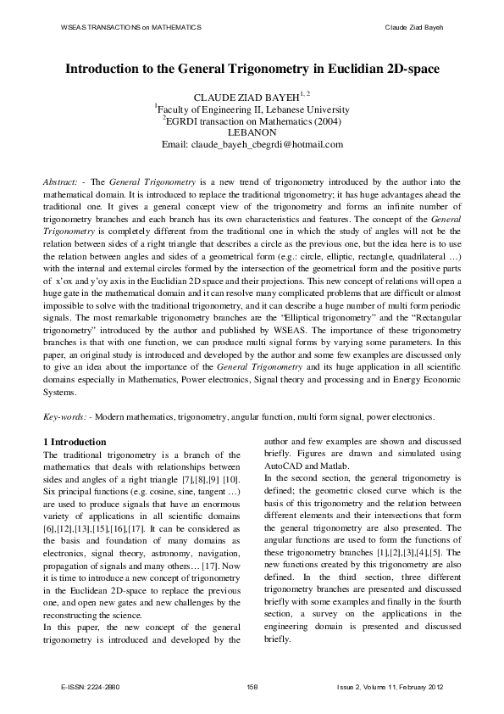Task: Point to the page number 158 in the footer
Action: [252, 686]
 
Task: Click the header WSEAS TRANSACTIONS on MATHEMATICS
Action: [130, 28]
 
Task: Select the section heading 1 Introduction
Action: [75, 442]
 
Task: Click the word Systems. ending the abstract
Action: [62, 392]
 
